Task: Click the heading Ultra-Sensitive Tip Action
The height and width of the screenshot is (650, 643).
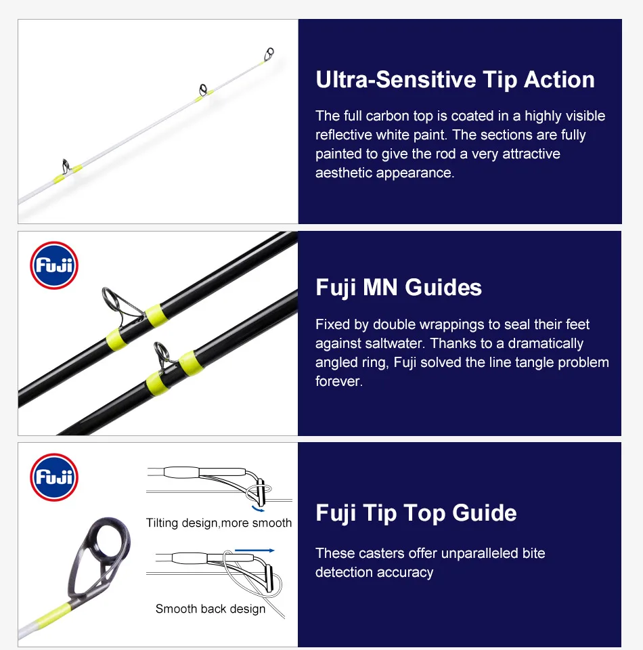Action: pos(455,80)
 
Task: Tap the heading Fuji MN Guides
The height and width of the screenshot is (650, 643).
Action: pos(399,287)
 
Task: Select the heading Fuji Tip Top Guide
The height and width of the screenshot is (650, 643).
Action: pos(416,513)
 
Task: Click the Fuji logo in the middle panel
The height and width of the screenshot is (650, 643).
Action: pos(54,265)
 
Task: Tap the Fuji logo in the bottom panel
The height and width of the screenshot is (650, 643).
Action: pos(54,477)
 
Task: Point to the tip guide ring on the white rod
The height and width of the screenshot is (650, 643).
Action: pos(269,53)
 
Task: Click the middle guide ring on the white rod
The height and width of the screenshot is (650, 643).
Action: pos(203,89)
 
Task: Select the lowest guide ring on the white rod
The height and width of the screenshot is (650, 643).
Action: pos(66,166)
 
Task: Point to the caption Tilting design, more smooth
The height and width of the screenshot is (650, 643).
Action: pos(219,523)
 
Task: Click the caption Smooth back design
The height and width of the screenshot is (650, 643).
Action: pos(210,609)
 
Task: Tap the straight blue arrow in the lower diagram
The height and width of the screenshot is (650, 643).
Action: pos(254,550)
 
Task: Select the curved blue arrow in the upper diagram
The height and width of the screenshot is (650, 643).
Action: pos(258,509)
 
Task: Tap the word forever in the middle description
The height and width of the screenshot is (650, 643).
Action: pos(339,381)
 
